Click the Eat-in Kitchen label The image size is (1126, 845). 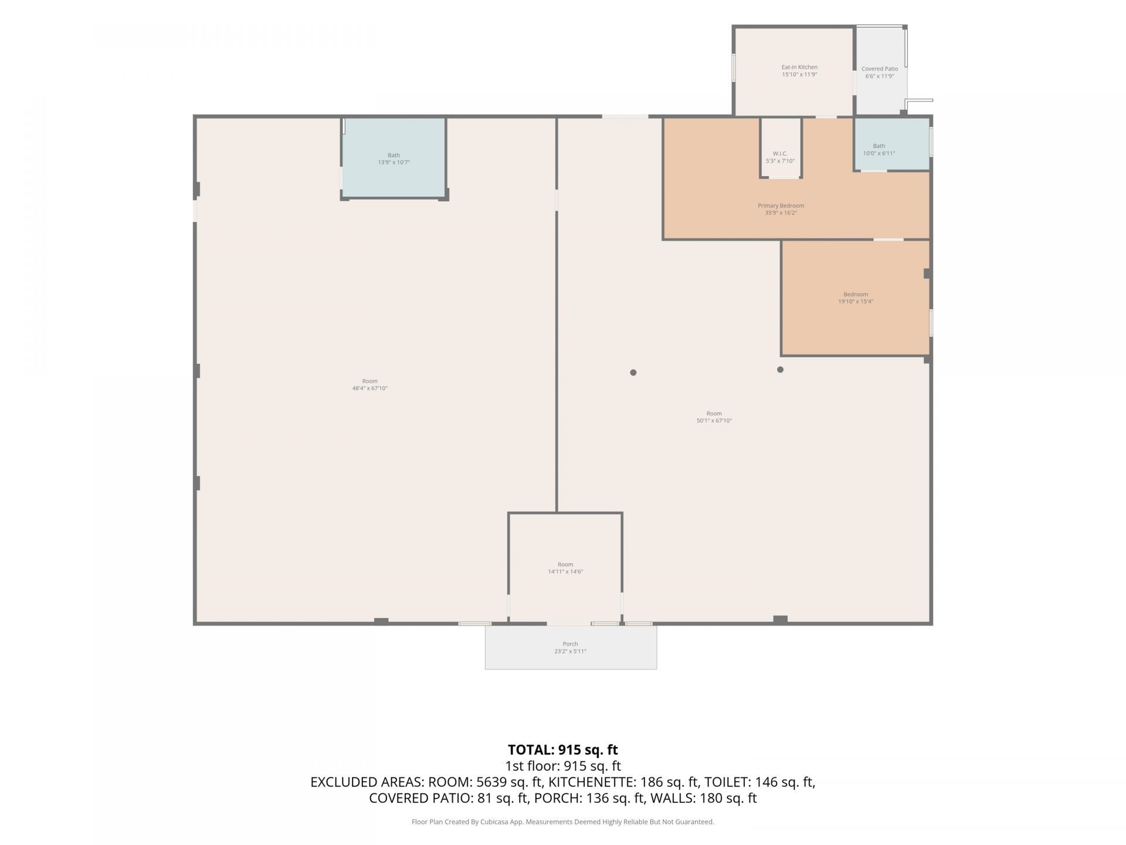click(799, 67)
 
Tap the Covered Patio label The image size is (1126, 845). click(880, 69)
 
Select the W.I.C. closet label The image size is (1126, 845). click(780, 154)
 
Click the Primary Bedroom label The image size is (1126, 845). click(781, 206)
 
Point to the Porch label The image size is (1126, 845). click(570, 644)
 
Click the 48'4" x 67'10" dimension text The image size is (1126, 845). click(369, 388)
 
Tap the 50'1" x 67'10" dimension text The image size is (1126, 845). click(714, 421)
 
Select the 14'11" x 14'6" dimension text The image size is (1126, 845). click(565, 572)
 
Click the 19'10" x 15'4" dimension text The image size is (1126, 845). click(856, 302)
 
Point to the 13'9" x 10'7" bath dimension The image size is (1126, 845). click(394, 163)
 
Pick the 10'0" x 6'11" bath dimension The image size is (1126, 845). click(879, 154)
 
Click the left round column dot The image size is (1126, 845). click(633, 373)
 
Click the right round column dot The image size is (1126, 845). click(780, 370)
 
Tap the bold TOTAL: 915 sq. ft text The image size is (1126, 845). click(563, 750)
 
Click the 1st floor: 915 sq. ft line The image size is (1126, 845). click(563, 766)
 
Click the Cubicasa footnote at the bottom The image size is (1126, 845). click(563, 822)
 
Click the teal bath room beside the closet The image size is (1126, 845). click(891, 144)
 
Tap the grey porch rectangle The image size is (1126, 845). click(571, 647)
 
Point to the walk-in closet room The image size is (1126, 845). click(781, 147)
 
